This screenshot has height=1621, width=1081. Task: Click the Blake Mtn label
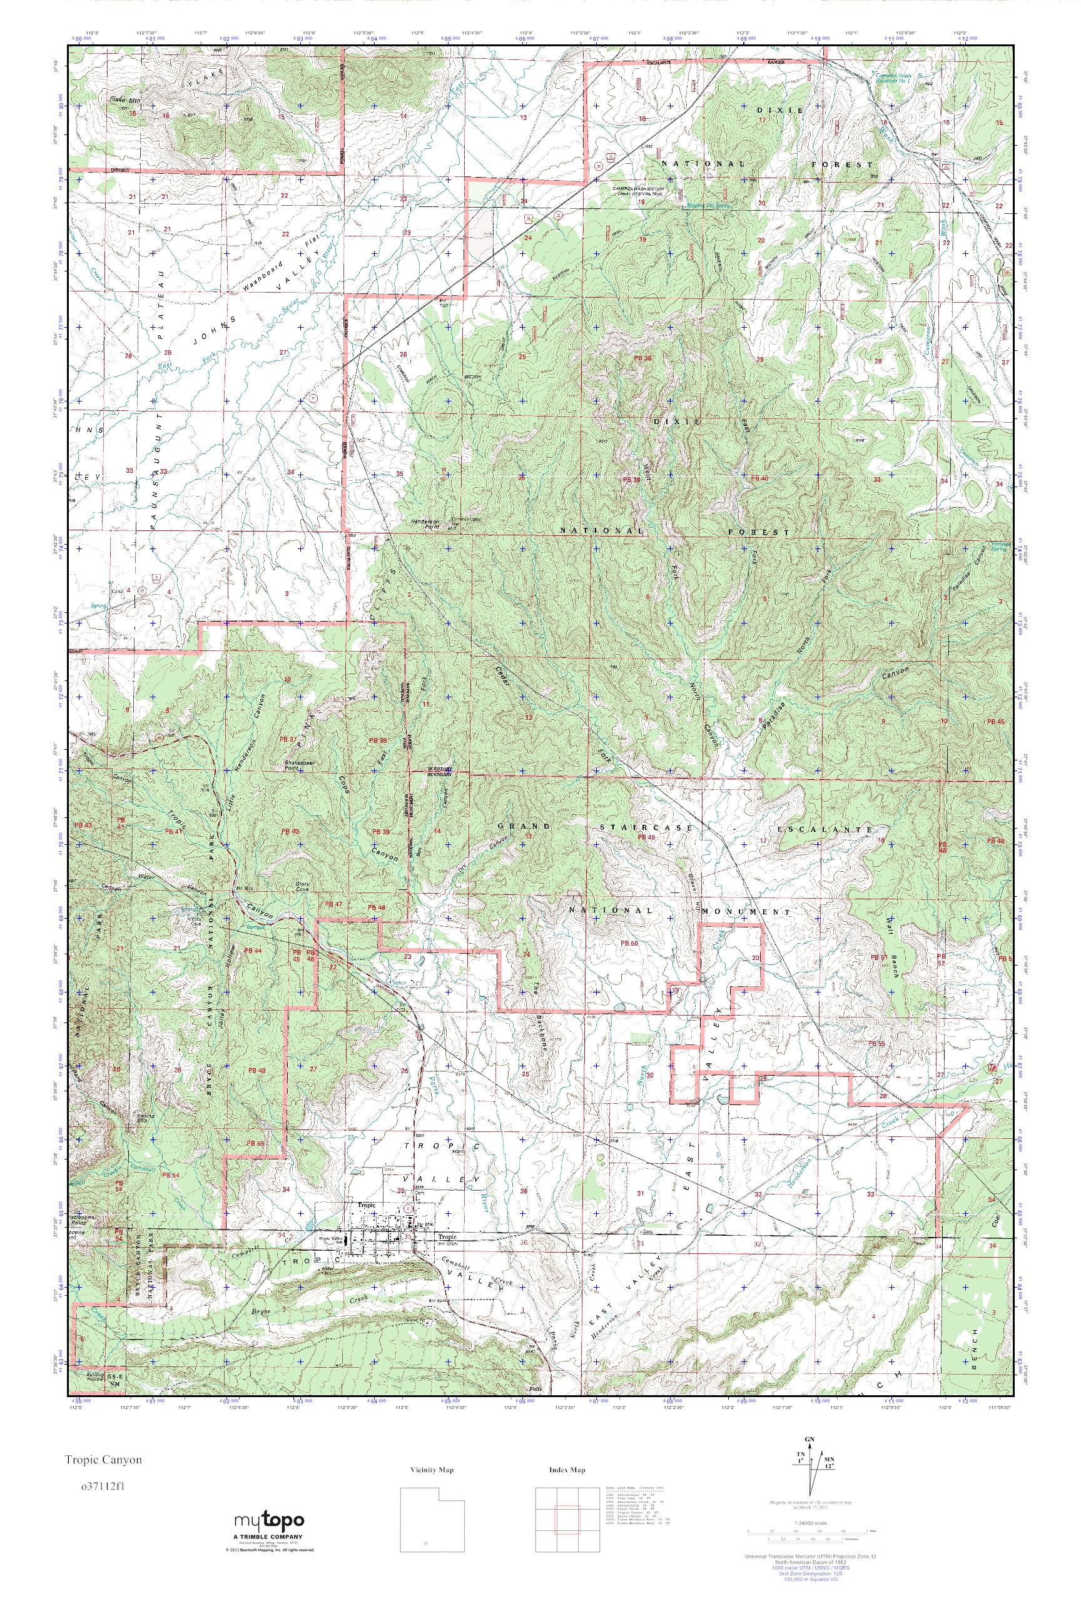(x=124, y=100)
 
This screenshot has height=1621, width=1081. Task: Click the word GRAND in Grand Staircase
(x=525, y=826)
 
